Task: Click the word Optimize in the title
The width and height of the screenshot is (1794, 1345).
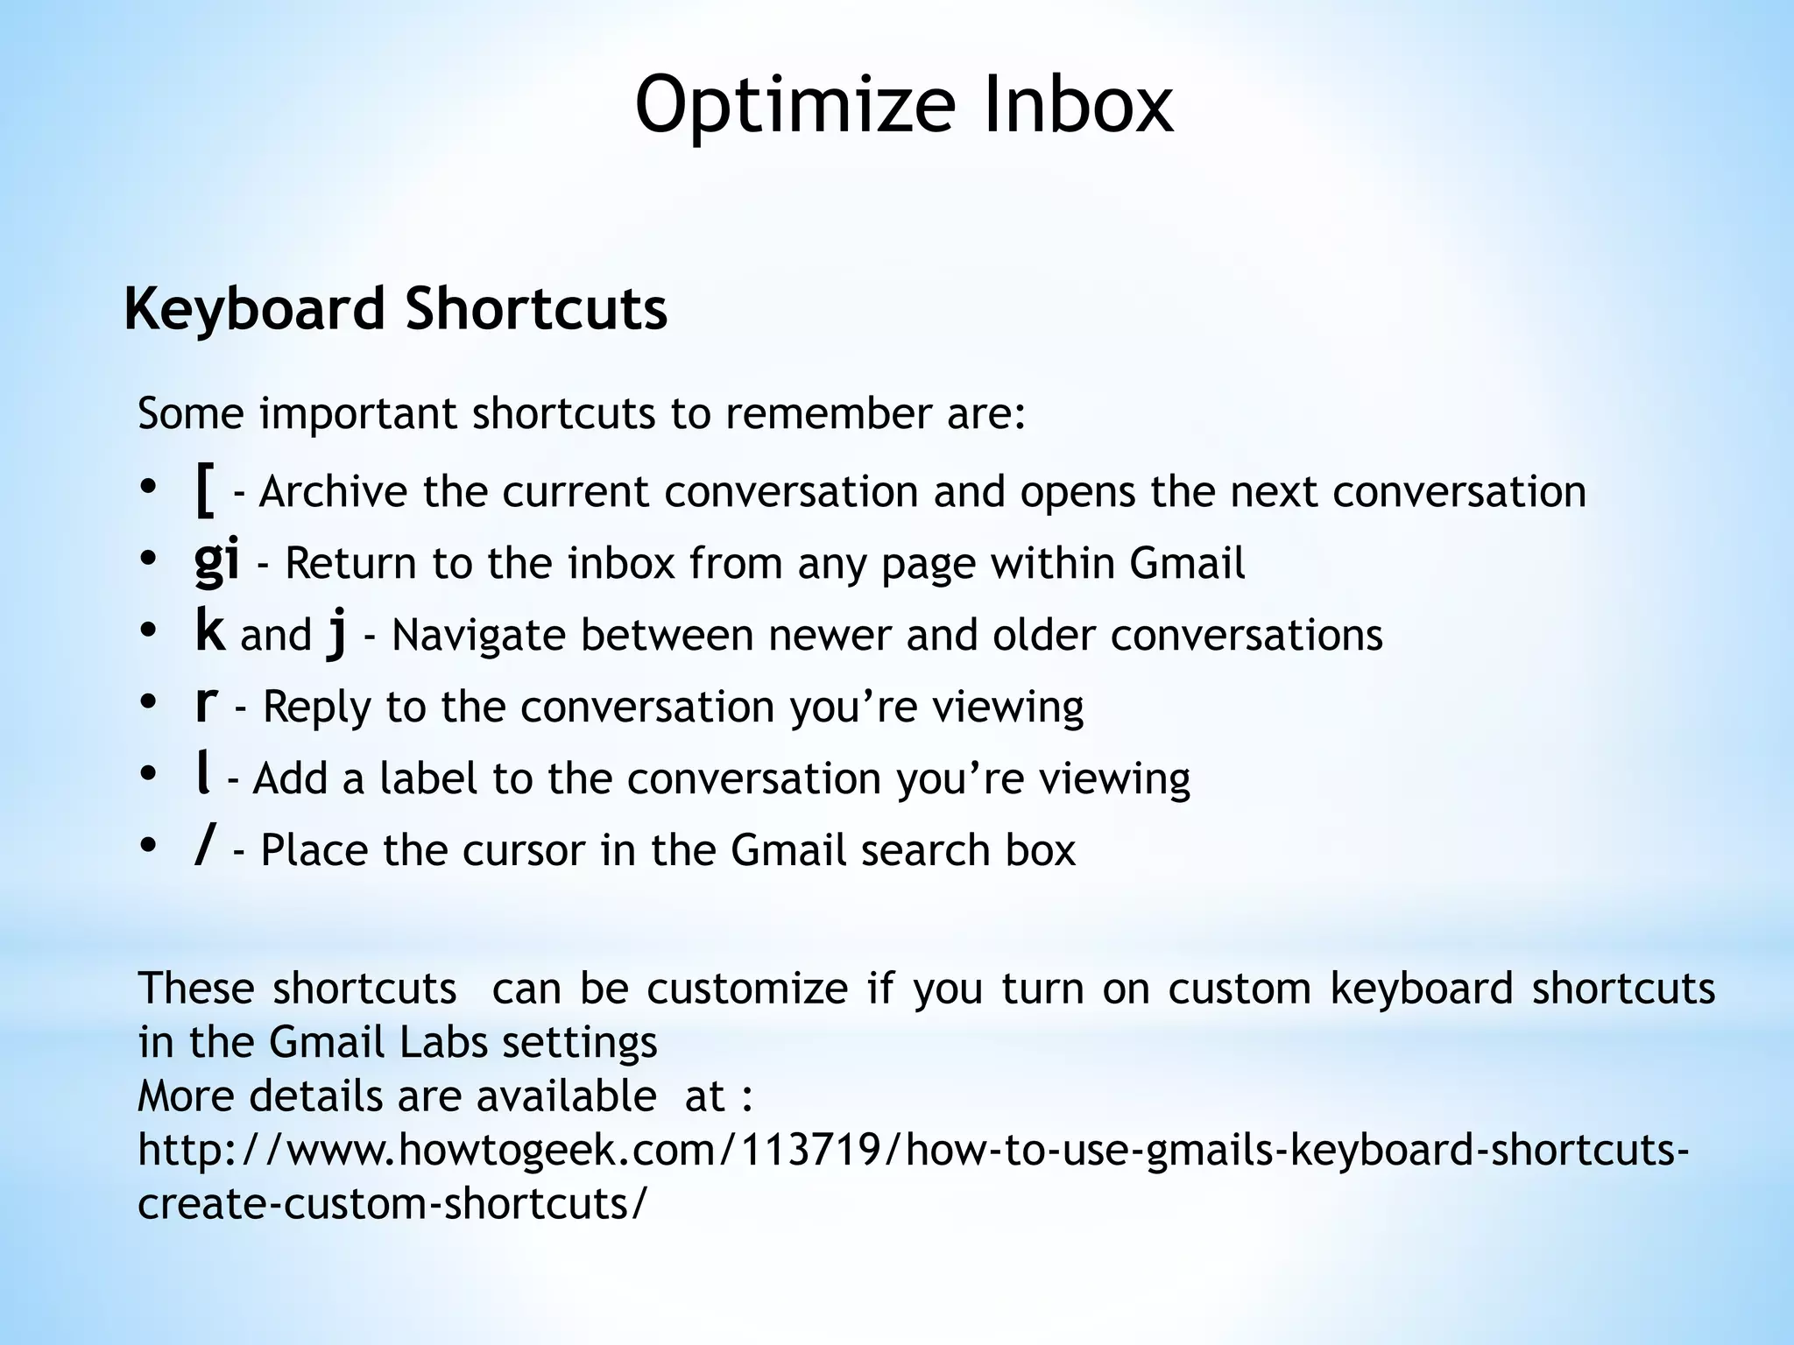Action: (x=794, y=105)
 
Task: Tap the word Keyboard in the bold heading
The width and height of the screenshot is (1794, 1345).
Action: (x=254, y=310)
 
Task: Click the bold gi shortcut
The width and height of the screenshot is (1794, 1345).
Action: (x=216, y=561)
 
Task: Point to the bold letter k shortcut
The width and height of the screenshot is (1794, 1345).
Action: (x=210, y=631)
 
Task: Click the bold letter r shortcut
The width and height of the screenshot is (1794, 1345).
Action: (x=206, y=703)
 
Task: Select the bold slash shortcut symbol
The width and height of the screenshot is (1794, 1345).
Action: (x=204, y=848)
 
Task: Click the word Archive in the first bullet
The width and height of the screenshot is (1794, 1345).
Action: (x=334, y=492)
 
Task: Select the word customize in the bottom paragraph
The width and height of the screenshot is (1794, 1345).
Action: (x=747, y=989)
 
